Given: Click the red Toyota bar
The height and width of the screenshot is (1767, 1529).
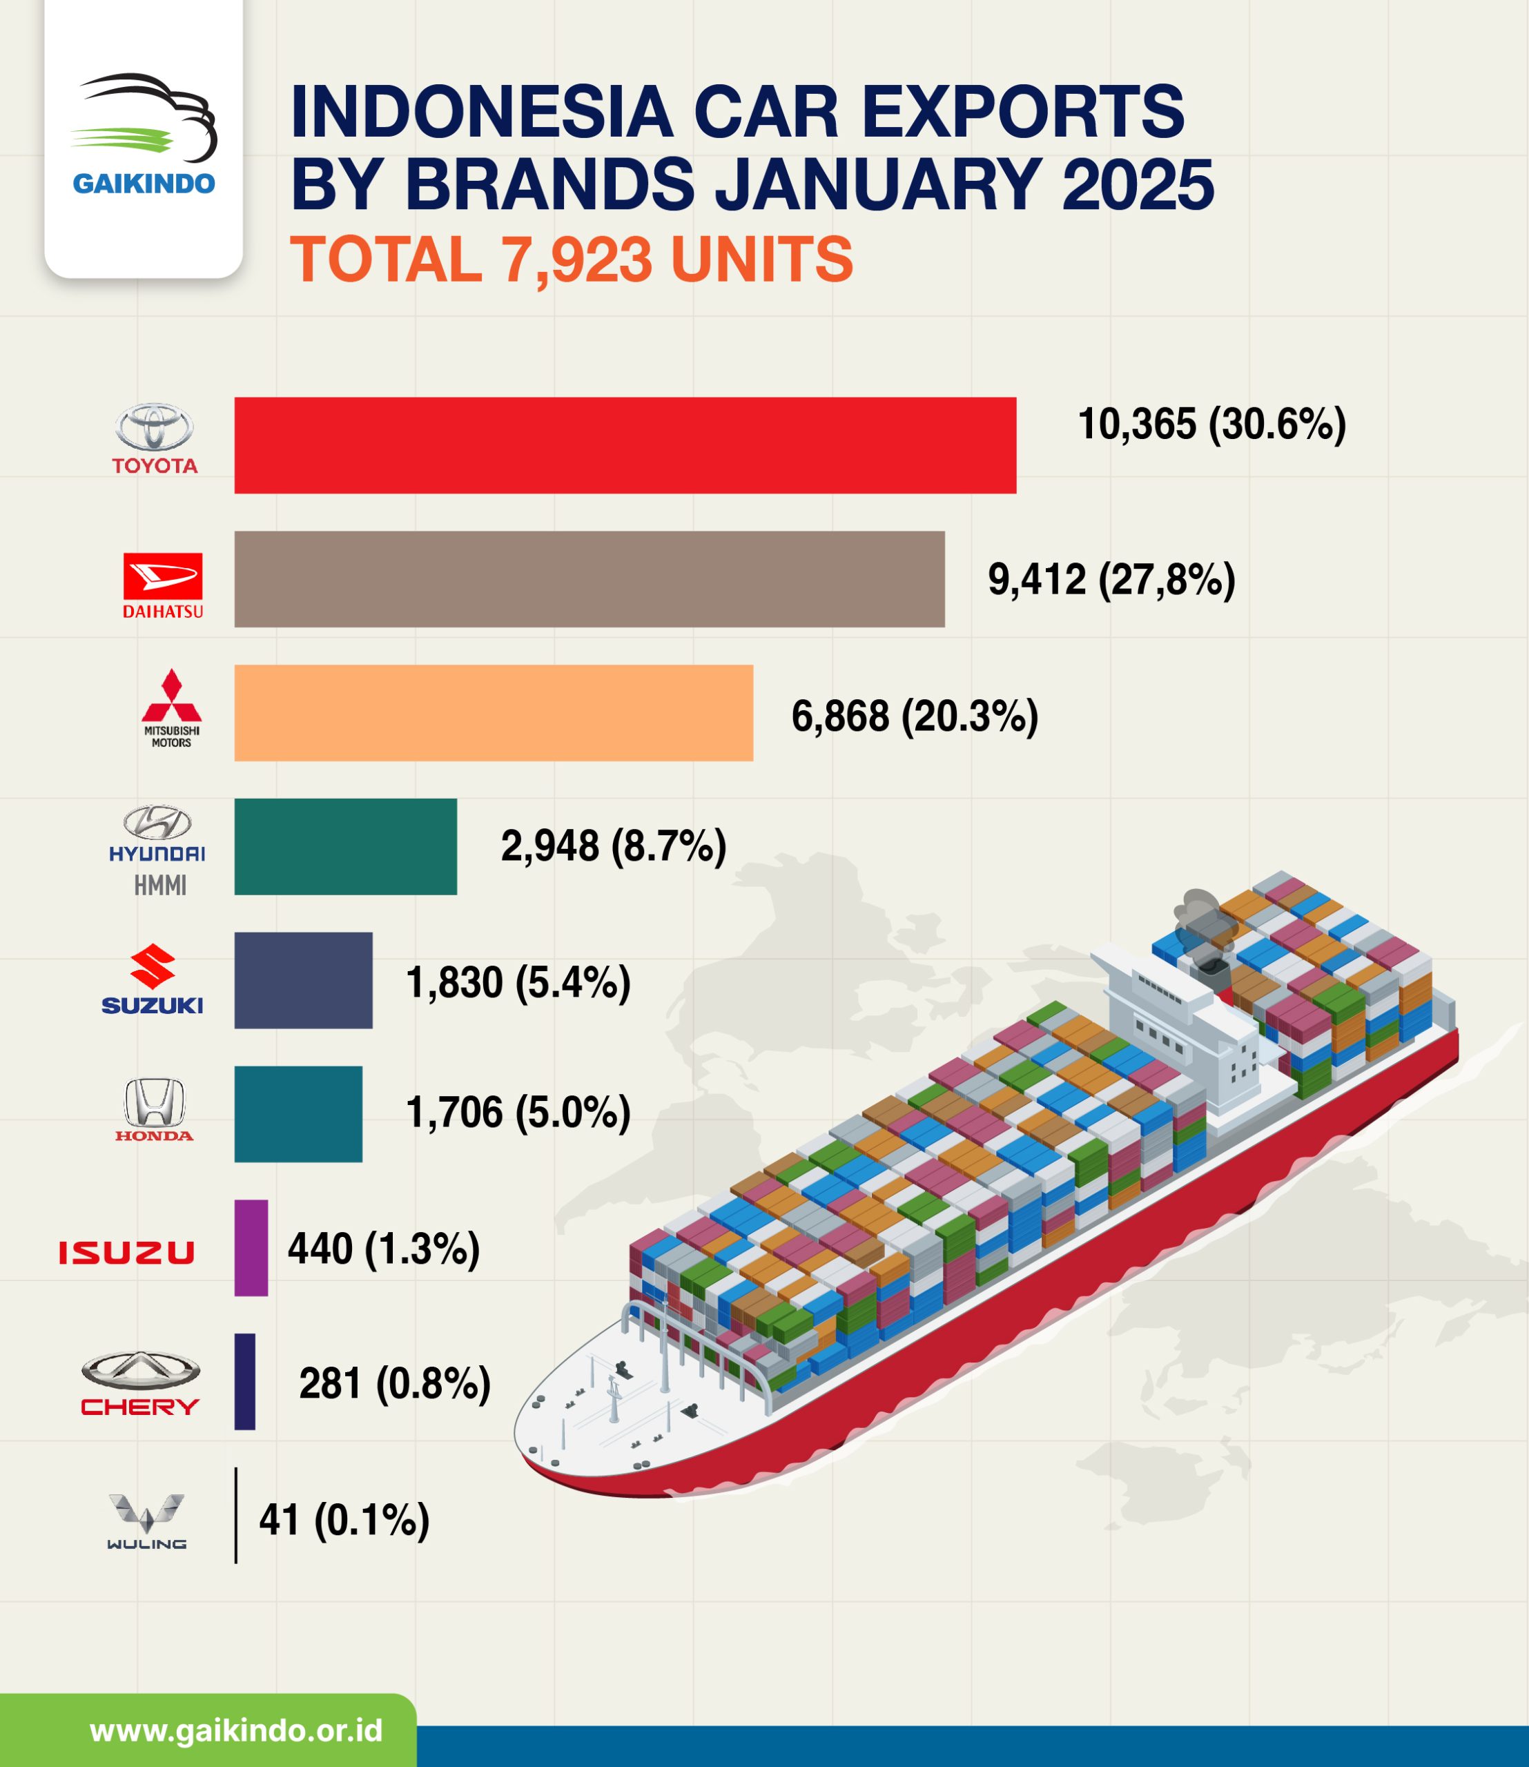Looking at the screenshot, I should pyautogui.click(x=625, y=445).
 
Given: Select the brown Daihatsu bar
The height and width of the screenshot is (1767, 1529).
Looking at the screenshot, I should pyautogui.click(x=589, y=578).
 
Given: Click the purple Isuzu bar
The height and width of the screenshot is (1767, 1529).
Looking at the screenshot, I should pyautogui.click(x=251, y=1248).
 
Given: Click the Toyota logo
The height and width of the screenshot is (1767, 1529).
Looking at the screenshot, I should pyautogui.click(x=155, y=438).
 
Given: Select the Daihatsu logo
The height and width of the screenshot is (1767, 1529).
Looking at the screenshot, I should pyautogui.click(x=162, y=585).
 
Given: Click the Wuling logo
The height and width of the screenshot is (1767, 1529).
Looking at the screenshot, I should pyautogui.click(x=147, y=1521).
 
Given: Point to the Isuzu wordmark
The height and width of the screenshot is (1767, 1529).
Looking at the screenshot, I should pyautogui.click(x=126, y=1251).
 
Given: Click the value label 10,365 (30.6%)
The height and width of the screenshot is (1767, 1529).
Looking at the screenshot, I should pyautogui.click(x=1211, y=424).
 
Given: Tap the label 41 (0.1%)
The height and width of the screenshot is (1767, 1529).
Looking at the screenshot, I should pyautogui.click(x=344, y=1520).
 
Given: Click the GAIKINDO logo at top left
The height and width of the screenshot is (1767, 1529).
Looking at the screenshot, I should pyautogui.click(x=144, y=137).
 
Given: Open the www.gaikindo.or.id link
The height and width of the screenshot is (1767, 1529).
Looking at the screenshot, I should pyautogui.click(x=235, y=1730).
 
